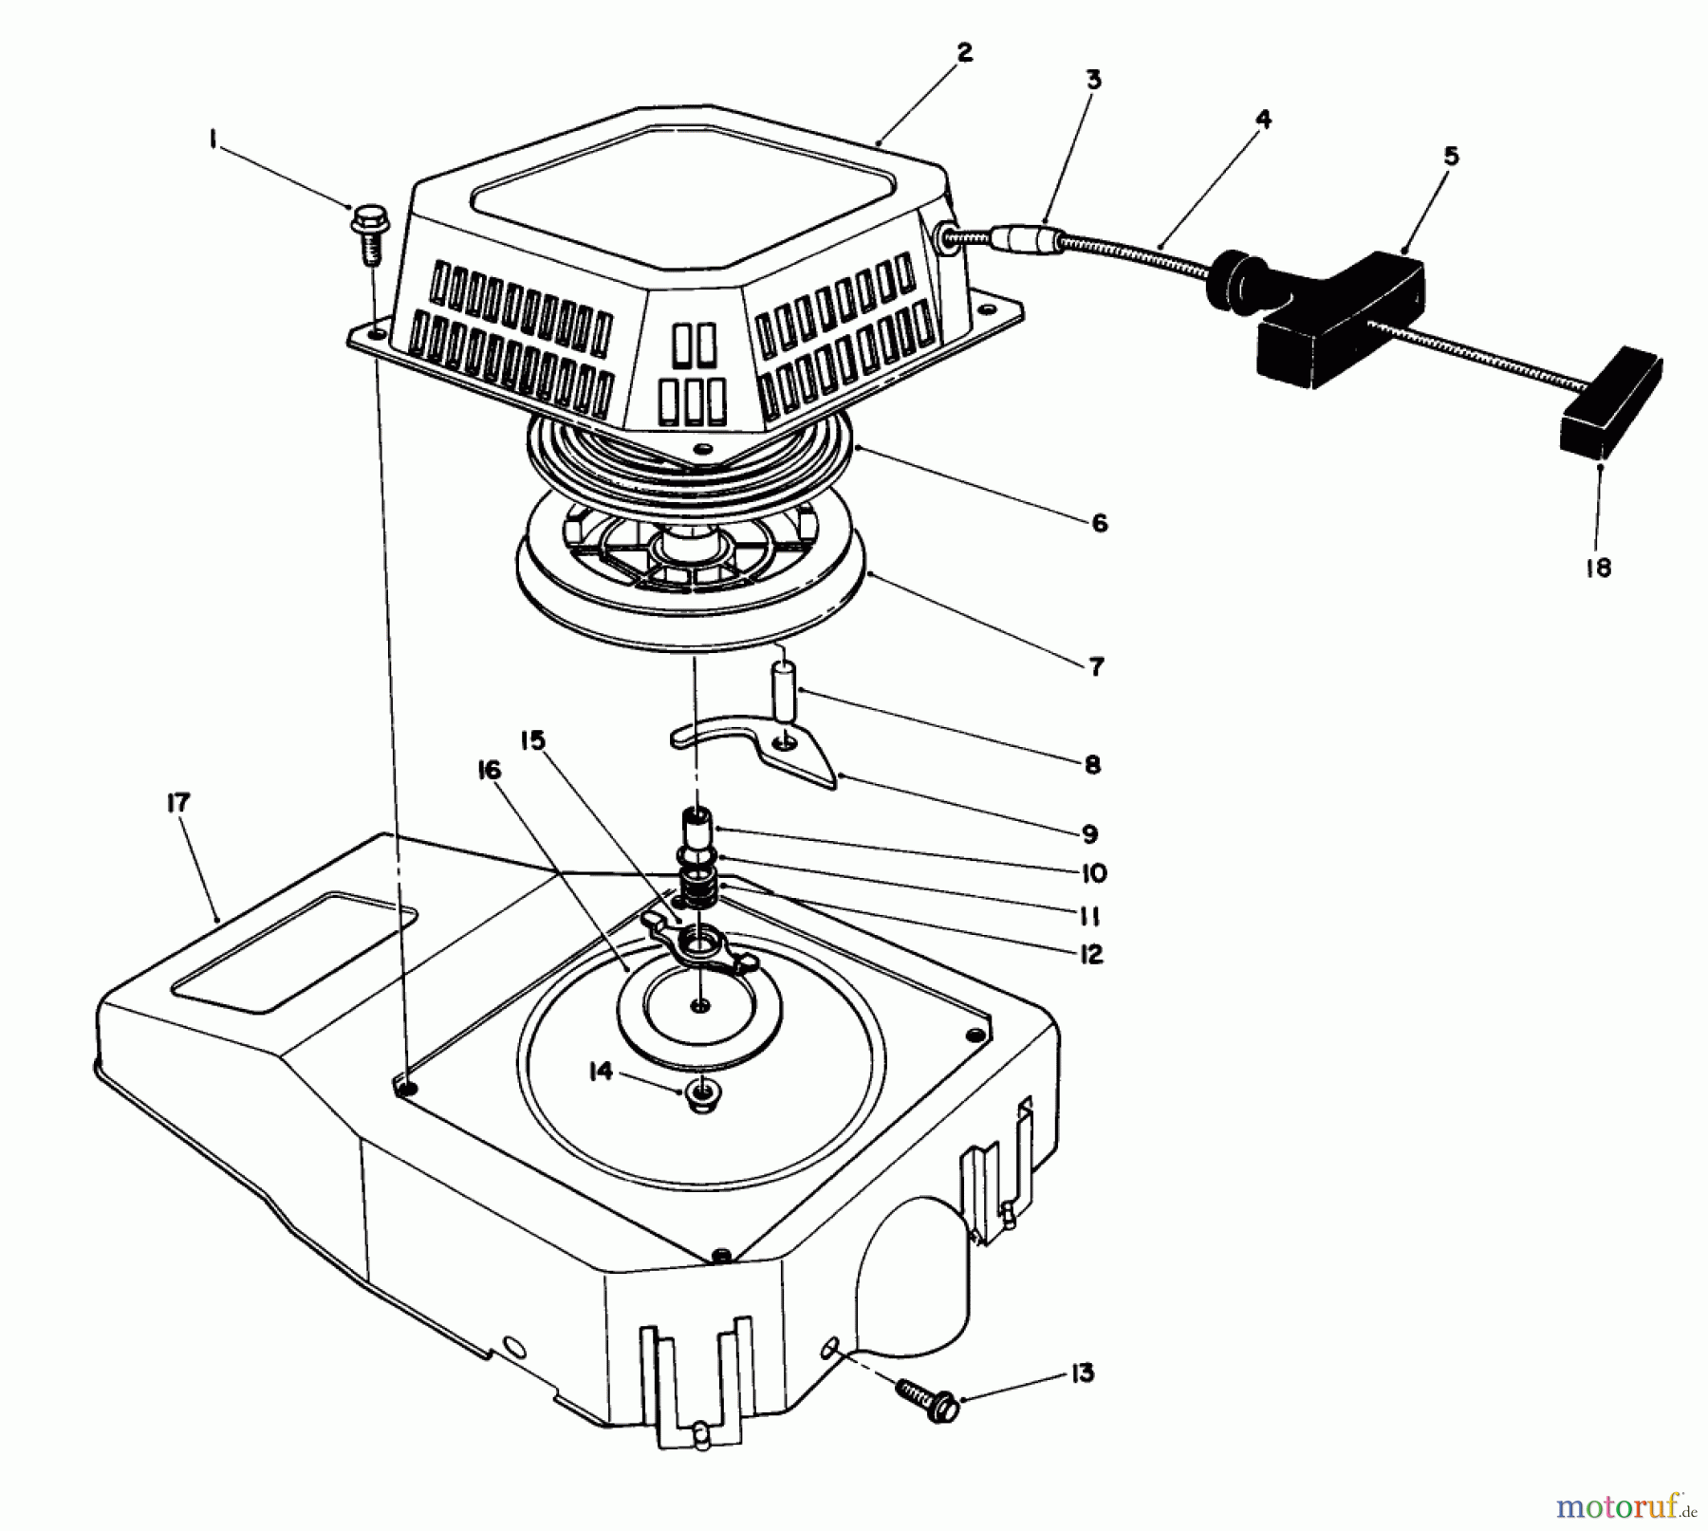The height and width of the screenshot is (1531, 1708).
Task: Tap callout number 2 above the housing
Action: [964, 53]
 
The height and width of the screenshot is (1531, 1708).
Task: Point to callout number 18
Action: [1598, 568]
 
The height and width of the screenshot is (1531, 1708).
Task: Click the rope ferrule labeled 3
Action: [1027, 241]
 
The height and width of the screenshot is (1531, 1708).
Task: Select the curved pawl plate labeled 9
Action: [759, 750]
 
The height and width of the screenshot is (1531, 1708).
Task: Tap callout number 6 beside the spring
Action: [1099, 523]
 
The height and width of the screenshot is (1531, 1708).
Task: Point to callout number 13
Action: [1082, 1372]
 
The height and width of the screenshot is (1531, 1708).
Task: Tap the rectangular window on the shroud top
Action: [294, 949]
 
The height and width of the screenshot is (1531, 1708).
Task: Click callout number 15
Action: [533, 740]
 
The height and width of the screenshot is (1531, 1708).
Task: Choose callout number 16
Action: [489, 771]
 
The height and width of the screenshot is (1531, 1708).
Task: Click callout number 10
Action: [1092, 873]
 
